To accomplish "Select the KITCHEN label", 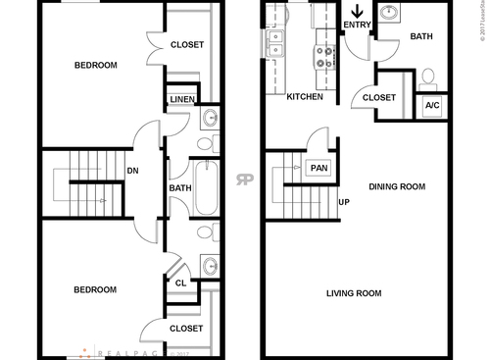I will click(x=305, y=97).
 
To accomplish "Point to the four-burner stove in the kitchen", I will click(x=323, y=55).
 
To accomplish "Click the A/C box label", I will click(x=431, y=103).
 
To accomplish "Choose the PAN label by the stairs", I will click(x=318, y=168).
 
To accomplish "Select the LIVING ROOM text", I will click(x=354, y=293).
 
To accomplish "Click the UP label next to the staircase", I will click(x=344, y=203).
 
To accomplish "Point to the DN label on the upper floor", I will click(x=131, y=171).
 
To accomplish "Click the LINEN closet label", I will click(x=181, y=100).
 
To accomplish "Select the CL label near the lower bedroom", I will click(x=180, y=283).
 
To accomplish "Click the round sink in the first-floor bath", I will click(x=389, y=14).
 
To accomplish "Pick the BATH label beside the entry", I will click(x=421, y=36).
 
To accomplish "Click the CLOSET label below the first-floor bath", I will click(x=379, y=97).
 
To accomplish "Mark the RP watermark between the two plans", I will click(x=243, y=180).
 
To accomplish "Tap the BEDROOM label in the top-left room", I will click(x=96, y=66).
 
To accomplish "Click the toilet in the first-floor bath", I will click(x=427, y=76).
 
